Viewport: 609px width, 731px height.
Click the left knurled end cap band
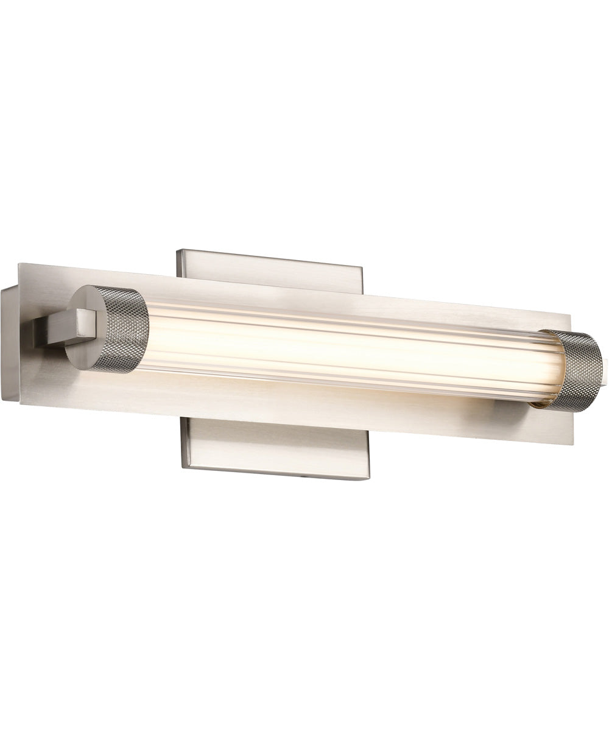pyautogui.click(x=125, y=330)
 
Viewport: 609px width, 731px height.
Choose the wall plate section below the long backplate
pyautogui.click(x=274, y=451)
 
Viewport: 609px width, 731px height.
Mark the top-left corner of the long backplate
pyautogui.click(x=20, y=264)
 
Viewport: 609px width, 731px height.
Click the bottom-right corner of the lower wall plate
pyautogui.click(x=368, y=479)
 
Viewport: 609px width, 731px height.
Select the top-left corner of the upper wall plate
pyautogui.click(x=177, y=250)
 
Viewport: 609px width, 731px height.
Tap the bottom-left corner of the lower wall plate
pyautogui.click(x=181, y=465)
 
